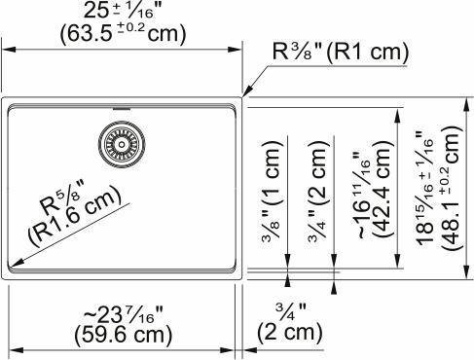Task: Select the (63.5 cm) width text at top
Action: (119, 34)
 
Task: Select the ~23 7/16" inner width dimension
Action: (119, 313)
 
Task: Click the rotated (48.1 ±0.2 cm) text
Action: (449, 185)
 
